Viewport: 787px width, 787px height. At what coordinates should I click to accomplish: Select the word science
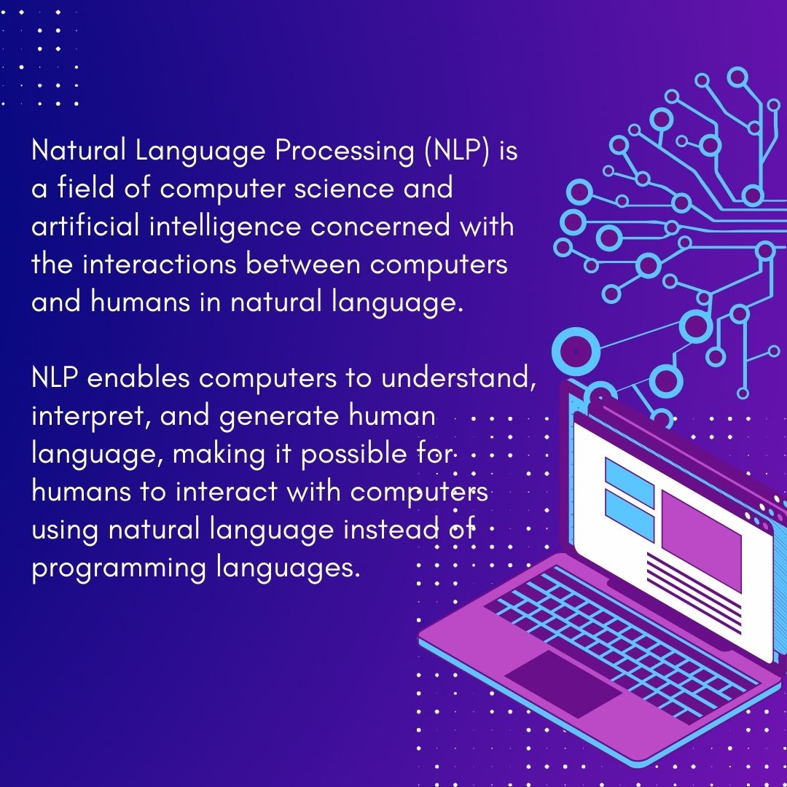(350, 189)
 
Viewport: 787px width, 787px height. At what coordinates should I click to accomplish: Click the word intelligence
(224, 227)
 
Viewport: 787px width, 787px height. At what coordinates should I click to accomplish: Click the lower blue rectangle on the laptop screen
(629, 514)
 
